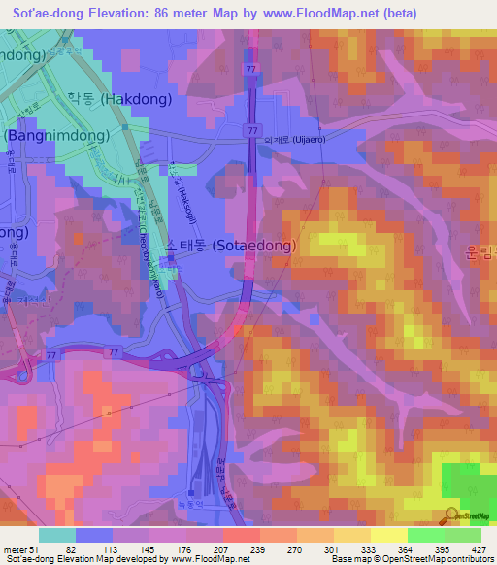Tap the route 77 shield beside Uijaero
pyautogui.click(x=252, y=129)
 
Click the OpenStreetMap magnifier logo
pyautogui.click(x=452, y=515)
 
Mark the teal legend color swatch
pyautogui.click(x=57, y=535)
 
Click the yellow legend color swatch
pyautogui.click(x=388, y=535)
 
